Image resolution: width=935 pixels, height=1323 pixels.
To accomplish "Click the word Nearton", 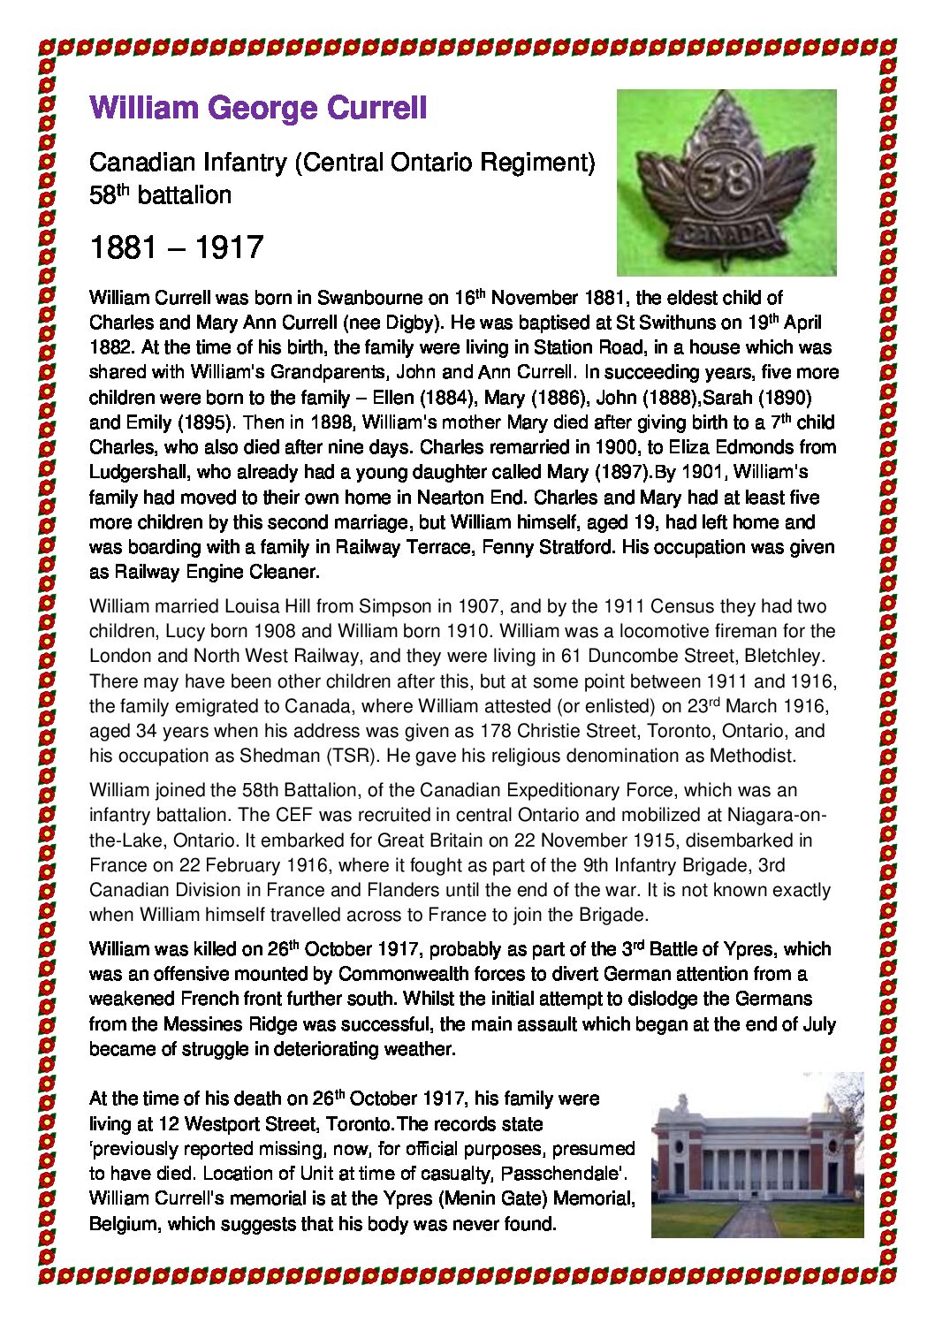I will [450, 497].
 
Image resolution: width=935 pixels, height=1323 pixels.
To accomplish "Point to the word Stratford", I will [573, 547].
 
